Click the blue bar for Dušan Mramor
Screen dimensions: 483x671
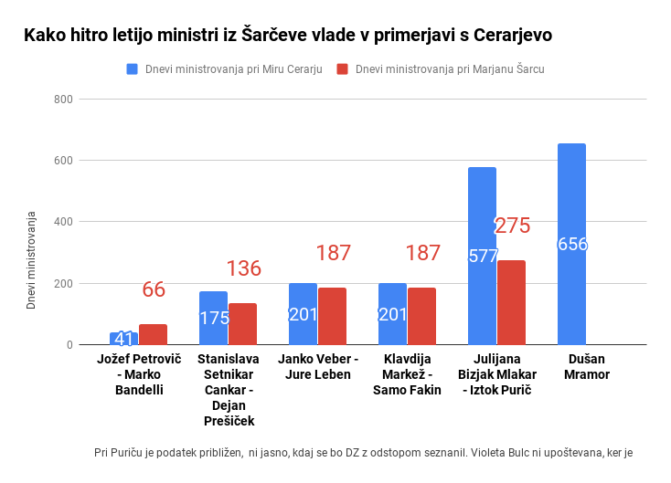[571, 244]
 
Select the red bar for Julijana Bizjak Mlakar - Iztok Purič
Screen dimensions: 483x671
[511, 302]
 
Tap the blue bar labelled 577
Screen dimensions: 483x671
[482, 256]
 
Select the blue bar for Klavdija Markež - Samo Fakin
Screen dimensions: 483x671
[392, 313]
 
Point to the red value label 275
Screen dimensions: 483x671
[512, 226]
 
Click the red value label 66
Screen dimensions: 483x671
[154, 289]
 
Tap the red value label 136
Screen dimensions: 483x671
[243, 268]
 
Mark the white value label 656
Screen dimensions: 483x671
[572, 245]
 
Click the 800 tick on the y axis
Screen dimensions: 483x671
[63, 99]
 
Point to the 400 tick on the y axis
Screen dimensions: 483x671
[63, 222]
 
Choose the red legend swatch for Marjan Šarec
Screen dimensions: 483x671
[343, 69]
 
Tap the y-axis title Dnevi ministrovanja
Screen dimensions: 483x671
[31, 261]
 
